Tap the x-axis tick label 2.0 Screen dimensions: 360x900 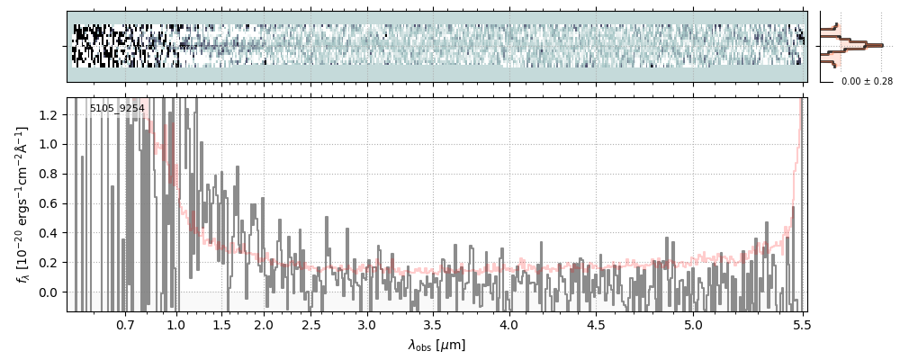(x=263, y=324)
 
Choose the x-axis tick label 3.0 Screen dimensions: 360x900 (x=366, y=324)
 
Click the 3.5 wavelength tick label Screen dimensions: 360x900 (x=437, y=324)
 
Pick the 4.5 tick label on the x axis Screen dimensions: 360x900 (x=601, y=324)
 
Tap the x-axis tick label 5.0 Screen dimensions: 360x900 (x=693, y=324)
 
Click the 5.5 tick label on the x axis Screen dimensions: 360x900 (x=799, y=324)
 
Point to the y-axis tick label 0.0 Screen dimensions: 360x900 (x=50, y=292)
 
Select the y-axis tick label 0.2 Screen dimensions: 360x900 (x=50, y=263)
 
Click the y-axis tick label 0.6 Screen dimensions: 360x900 (x=50, y=203)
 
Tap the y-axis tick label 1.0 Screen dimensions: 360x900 (x=50, y=144)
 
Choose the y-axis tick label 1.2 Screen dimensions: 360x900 (x=50, y=114)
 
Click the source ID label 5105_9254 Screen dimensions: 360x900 (x=117, y=109)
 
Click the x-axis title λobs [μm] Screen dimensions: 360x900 (x=436, y=345)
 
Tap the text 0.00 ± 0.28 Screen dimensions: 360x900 (x=867, y=82)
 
